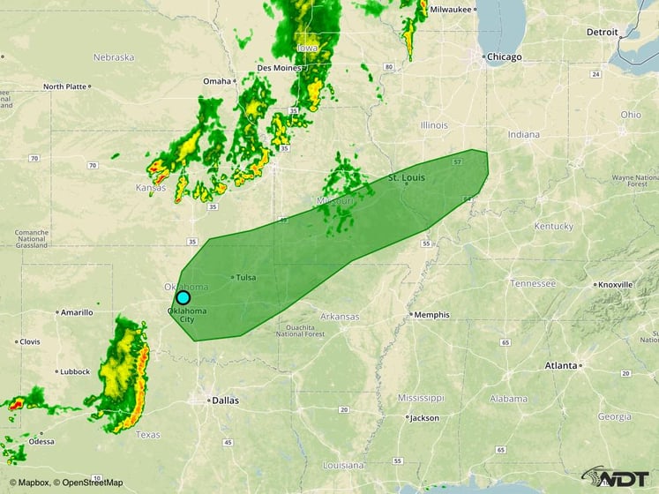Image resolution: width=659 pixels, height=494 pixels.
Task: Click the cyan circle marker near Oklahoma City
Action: [x=183, y=297]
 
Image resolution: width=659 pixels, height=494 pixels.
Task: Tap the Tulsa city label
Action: [x=245, y=277]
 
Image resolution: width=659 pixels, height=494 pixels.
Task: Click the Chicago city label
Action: [x=505, y=56]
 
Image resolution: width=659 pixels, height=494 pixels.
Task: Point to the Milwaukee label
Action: [x=450, y=9]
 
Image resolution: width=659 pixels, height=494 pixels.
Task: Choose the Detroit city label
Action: [x=603, y=32]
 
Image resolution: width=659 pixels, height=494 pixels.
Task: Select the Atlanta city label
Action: [x=561, y=365]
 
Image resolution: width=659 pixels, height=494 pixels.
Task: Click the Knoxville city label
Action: [x=615, y=285]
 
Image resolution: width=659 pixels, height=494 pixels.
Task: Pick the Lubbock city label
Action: [x=74, y=371]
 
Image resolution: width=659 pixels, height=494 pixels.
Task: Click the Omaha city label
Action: [x=216, y=81]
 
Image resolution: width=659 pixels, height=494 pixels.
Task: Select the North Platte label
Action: [x=64, y=86]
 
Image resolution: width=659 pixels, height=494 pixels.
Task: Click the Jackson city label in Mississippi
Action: [x=423, y=417]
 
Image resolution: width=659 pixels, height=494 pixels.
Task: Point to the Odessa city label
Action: [x=41, y=441]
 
